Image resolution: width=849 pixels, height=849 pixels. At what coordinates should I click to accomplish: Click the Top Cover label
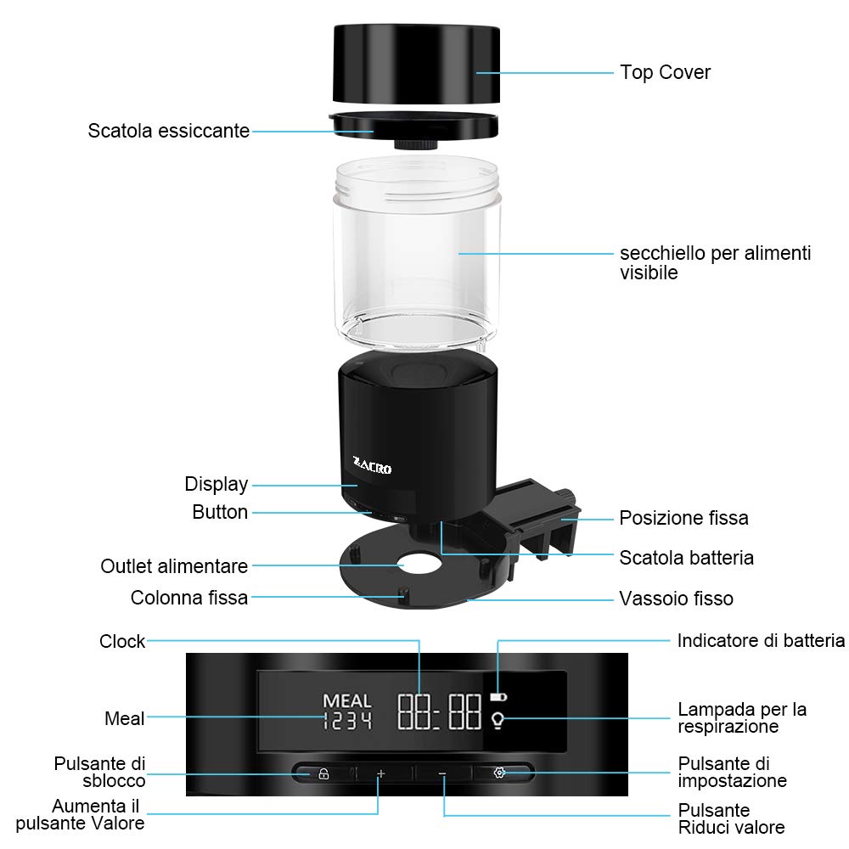[x=665, y=72]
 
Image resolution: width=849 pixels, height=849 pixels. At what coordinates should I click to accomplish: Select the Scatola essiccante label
[x=169, y=131]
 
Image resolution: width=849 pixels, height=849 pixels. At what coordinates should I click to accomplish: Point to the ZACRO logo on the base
[x=372, y=466]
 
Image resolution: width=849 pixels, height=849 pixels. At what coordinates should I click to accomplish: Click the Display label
[x=216, y=484]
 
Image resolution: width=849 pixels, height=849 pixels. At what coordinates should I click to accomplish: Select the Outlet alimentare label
[x=174, y=565]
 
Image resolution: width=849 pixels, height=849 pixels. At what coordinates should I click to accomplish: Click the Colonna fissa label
[x=189, y=598]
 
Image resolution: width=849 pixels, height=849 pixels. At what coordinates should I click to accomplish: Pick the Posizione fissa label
[x=683, y=518]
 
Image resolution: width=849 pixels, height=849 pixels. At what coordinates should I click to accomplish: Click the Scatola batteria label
[x=686, y=558]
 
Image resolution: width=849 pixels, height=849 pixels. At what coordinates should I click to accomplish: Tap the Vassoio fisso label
[x=676, y=599]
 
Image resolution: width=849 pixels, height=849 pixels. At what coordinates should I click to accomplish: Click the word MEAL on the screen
[x=347, y=701]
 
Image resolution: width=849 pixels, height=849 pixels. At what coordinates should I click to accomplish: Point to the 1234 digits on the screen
[x=347, y=721]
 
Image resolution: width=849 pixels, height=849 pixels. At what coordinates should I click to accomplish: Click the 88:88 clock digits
[x=440, y=711]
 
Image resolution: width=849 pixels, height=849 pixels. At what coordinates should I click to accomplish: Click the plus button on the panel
[x=381, y=773]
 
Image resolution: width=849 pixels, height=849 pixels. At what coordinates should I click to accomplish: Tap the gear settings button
[x=500, y=773]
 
